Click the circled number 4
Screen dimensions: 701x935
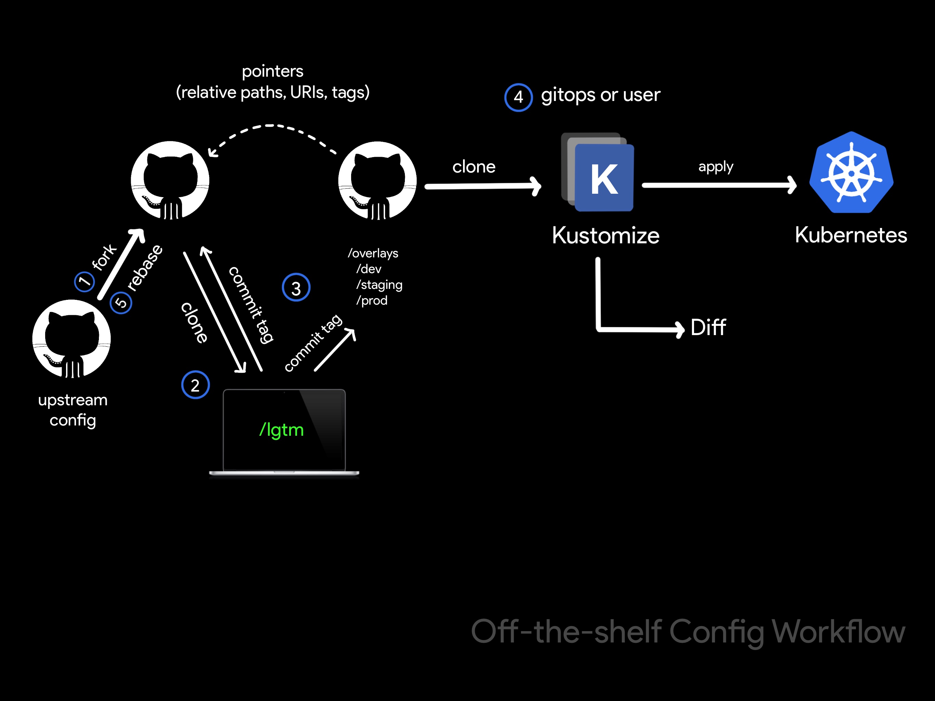(x=518, y=98)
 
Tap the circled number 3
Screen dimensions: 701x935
(x=296, y=288)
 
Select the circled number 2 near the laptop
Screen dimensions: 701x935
(x=195, y=385)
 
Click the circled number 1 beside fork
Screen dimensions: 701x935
(x=85, y=281)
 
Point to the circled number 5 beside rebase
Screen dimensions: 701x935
(x=121, y=303)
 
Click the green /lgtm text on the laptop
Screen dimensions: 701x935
(x=282, y=430)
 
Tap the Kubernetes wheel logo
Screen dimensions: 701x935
(x=851, y=173)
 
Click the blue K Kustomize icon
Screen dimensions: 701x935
(x=604, y=178)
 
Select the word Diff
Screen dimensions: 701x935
(x=708, y=327)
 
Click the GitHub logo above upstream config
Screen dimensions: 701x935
(x=72, y=339)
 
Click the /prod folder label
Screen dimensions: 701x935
(x=372, y=301)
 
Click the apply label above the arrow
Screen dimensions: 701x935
(x=716, y=167)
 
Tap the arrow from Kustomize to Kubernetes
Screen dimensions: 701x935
(x=719, y=185)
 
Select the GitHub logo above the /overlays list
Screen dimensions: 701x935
(x=377, y=180)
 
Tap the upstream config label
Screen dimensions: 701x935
(x=73, y=410)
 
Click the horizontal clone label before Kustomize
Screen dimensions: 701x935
(x=474, y=167)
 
